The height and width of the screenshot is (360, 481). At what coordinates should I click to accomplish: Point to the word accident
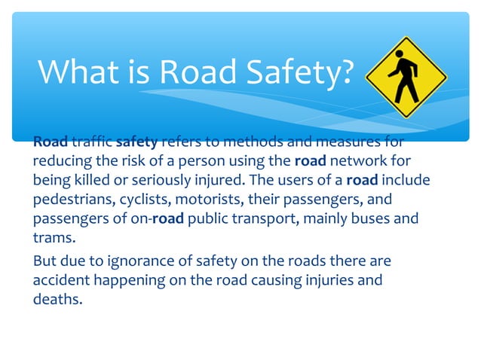coord(59,280)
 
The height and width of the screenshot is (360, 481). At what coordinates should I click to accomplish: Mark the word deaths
coord(57,299)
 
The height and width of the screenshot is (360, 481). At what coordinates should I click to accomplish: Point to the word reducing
coord(63,162)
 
